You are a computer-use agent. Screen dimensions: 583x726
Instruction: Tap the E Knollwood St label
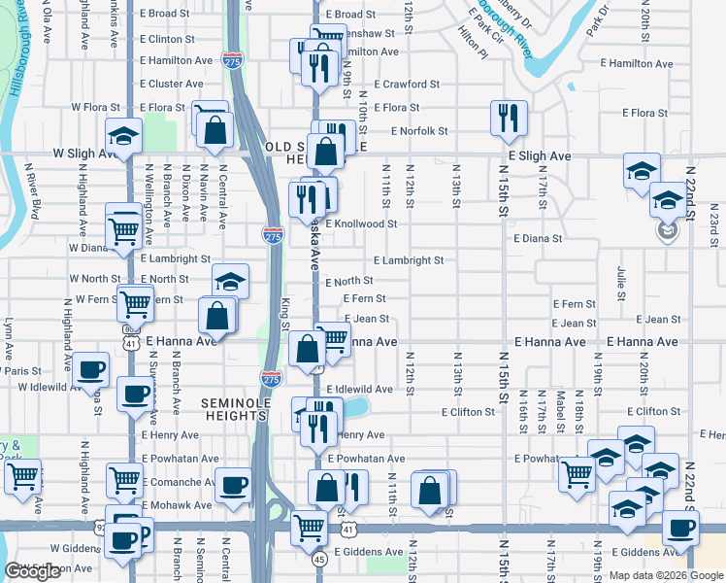coord(361,223)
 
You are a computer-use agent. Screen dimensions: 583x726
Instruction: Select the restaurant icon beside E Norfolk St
coord(509,119)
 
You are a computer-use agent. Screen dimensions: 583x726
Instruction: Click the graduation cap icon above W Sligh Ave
coord(123,137)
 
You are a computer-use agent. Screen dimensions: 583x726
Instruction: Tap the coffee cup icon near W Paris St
coord(91,370)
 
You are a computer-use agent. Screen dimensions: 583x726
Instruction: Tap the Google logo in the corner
coord(33,571)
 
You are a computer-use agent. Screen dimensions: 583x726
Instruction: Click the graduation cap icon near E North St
coord(230,283)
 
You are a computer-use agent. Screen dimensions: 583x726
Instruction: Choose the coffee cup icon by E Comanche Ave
coord(234,486)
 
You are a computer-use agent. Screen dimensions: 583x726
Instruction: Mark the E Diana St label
coord(538,238)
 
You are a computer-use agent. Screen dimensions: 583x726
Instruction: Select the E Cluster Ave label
coord(171,85)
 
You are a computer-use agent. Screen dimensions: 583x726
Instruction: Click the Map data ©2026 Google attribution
coord(665,575)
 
